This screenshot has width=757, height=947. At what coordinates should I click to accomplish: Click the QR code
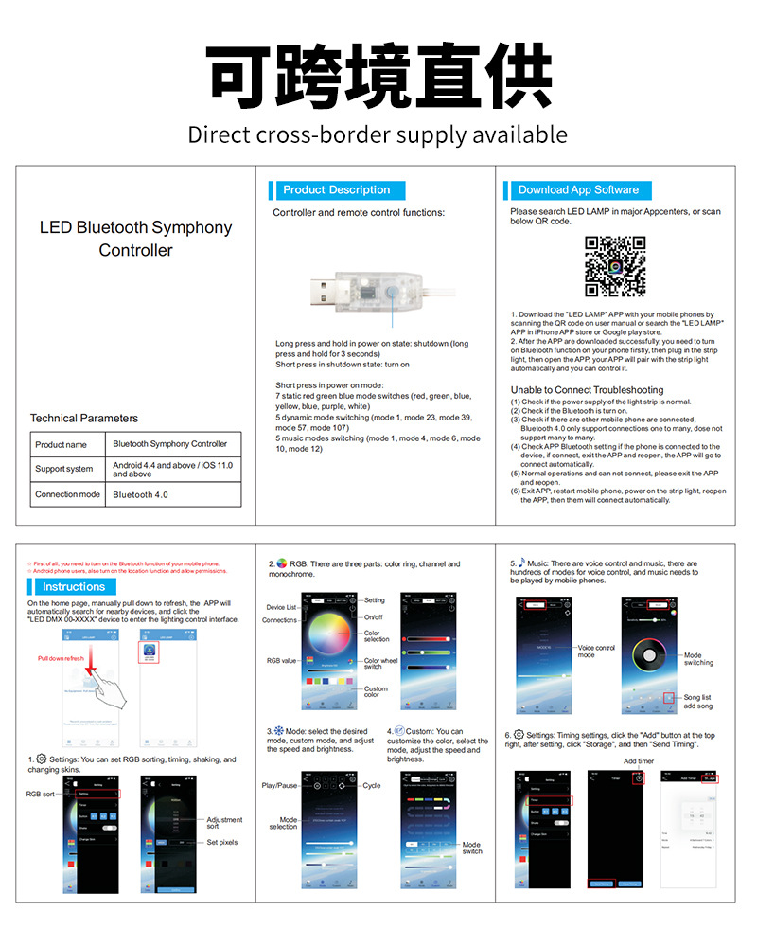tap(615, 266)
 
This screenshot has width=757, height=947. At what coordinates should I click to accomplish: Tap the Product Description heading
tap(336, 189)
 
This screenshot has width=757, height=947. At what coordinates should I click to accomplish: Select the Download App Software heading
tap(578, 189)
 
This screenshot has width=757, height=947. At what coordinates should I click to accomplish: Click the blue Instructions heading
tap(74, 586)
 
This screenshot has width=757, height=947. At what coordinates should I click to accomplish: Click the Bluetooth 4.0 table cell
tap(140, 494)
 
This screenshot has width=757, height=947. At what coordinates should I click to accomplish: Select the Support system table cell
tap(64, 469)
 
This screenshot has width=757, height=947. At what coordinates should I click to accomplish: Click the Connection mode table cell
tap(67, 494)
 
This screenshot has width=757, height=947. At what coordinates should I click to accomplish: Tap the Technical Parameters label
tap(84, 418)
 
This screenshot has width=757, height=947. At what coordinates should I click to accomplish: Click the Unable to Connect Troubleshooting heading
tap(587, 390)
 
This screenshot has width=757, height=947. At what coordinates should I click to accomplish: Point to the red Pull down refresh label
tap(61, 657)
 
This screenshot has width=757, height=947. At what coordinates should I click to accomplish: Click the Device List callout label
tap(281, 607)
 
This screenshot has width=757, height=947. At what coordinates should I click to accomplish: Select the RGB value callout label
tap(282, 660)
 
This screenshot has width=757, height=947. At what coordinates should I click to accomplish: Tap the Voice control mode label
tap(596, 652)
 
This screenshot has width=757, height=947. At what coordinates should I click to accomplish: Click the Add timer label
tap(639, 760)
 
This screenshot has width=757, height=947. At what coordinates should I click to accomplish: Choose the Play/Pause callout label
tap(280, 785)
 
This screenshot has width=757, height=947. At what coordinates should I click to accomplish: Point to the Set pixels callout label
tap(222, 842)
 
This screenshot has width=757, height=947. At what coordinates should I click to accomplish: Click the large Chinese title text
tap(378, 76)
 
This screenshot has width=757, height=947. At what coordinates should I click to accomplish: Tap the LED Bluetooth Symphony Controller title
tap(135, 239)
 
